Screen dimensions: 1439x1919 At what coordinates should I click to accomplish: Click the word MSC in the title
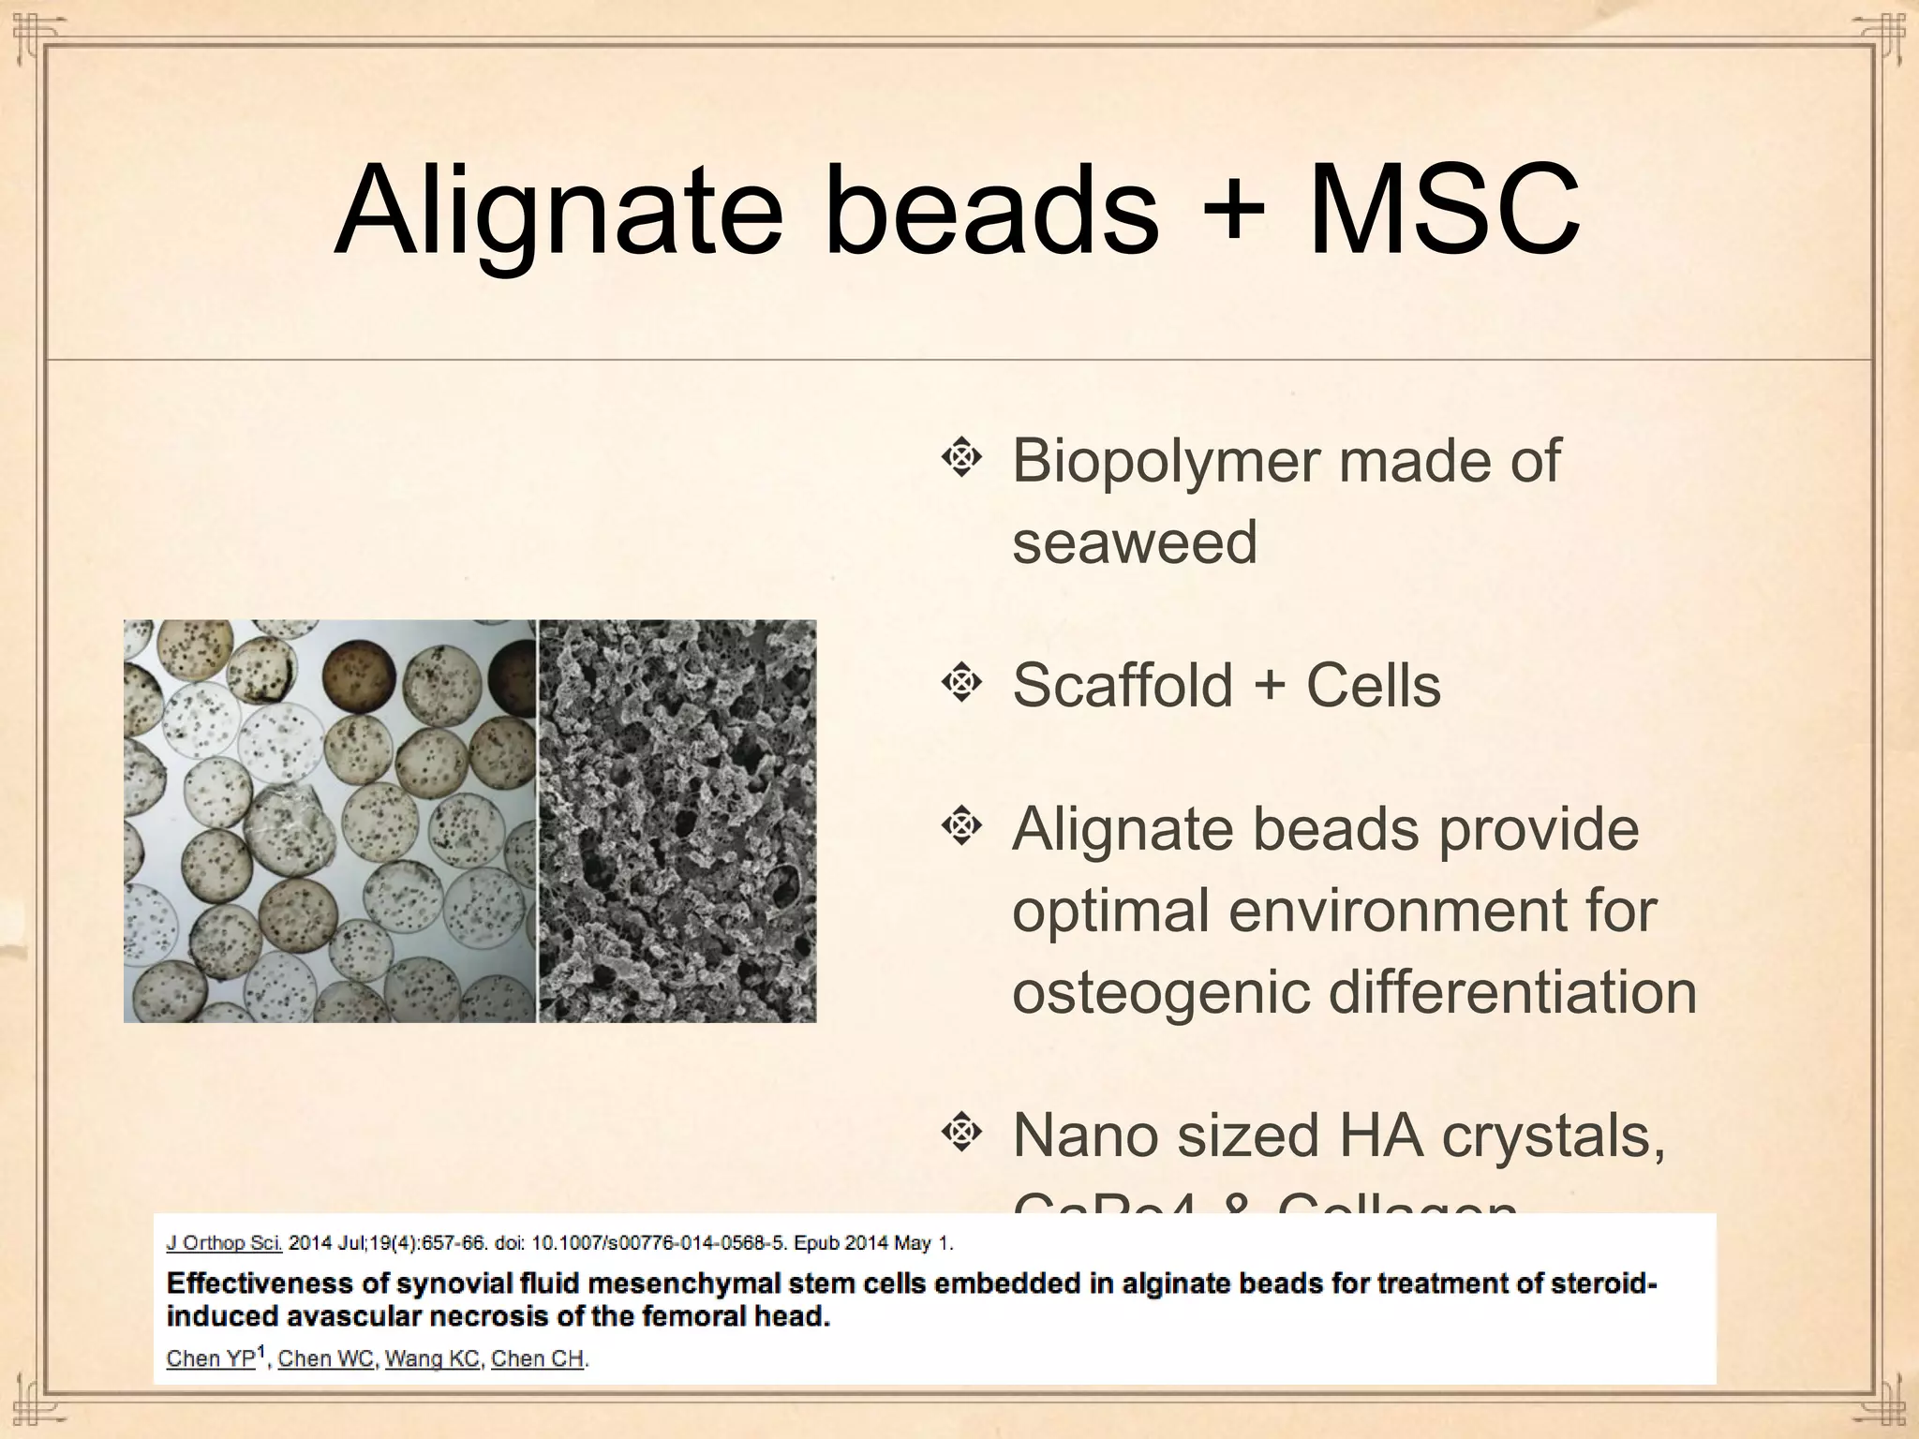click(1443, 212)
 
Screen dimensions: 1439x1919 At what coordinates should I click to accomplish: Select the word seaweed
click(1134, 543)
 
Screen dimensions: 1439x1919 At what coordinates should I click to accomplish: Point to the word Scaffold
click(1123, 685)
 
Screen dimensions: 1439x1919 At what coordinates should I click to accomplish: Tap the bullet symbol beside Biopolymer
click(960, 458)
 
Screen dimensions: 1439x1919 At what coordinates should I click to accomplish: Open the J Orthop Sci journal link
click(223, 1244)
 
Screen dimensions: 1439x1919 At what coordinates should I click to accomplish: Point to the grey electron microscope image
click(677, 821)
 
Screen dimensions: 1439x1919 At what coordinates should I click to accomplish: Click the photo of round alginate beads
click(330, 821)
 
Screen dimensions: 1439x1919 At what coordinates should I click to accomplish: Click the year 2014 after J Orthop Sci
click(309, 1244)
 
